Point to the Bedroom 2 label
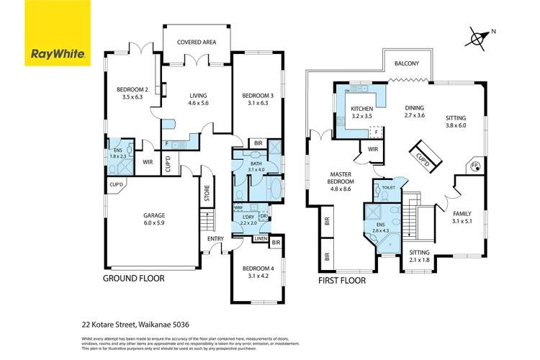tap(132, 91)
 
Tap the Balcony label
tap(407, 64)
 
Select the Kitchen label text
tap(361, 109)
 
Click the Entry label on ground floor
tap(215, 238)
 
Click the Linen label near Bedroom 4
tap(261, 238)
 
